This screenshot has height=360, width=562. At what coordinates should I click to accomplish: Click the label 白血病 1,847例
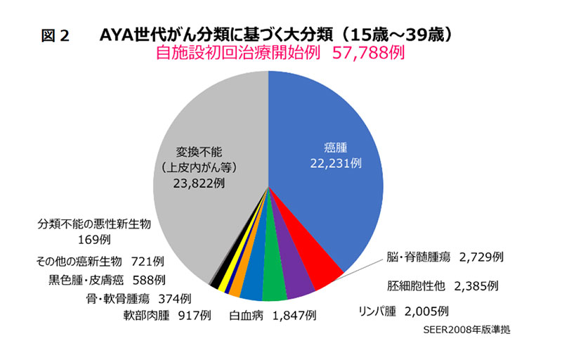coord(274,316)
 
